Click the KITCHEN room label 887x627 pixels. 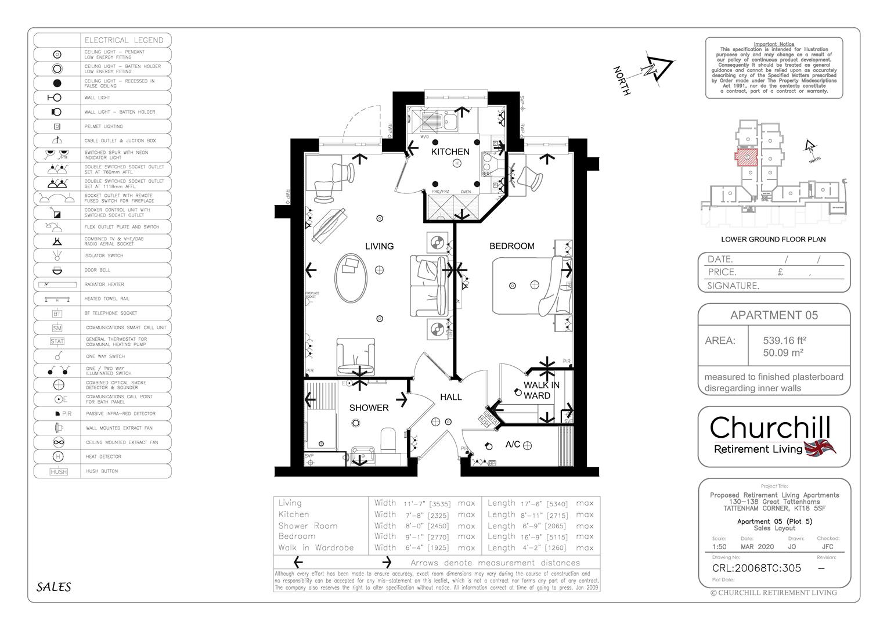point(450,152)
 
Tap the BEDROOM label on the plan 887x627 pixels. point(511,246)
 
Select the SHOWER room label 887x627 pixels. point(369,408)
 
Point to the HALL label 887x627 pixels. point(450,397)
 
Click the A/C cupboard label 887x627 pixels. point(513,445)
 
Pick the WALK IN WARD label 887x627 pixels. point(541,390)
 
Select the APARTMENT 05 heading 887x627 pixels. point(774,315)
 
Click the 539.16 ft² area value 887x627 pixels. point(784,341)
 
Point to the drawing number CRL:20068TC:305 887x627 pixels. point(756,568)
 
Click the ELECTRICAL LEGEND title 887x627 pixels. point(124,41)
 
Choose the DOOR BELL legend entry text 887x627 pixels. point(97,270)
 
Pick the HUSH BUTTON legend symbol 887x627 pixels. point(58,472)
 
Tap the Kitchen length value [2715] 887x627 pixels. point(556,515)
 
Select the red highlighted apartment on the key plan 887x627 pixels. point(746,157)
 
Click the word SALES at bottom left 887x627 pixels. point(53,587)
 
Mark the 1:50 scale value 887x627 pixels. point(719,547)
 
